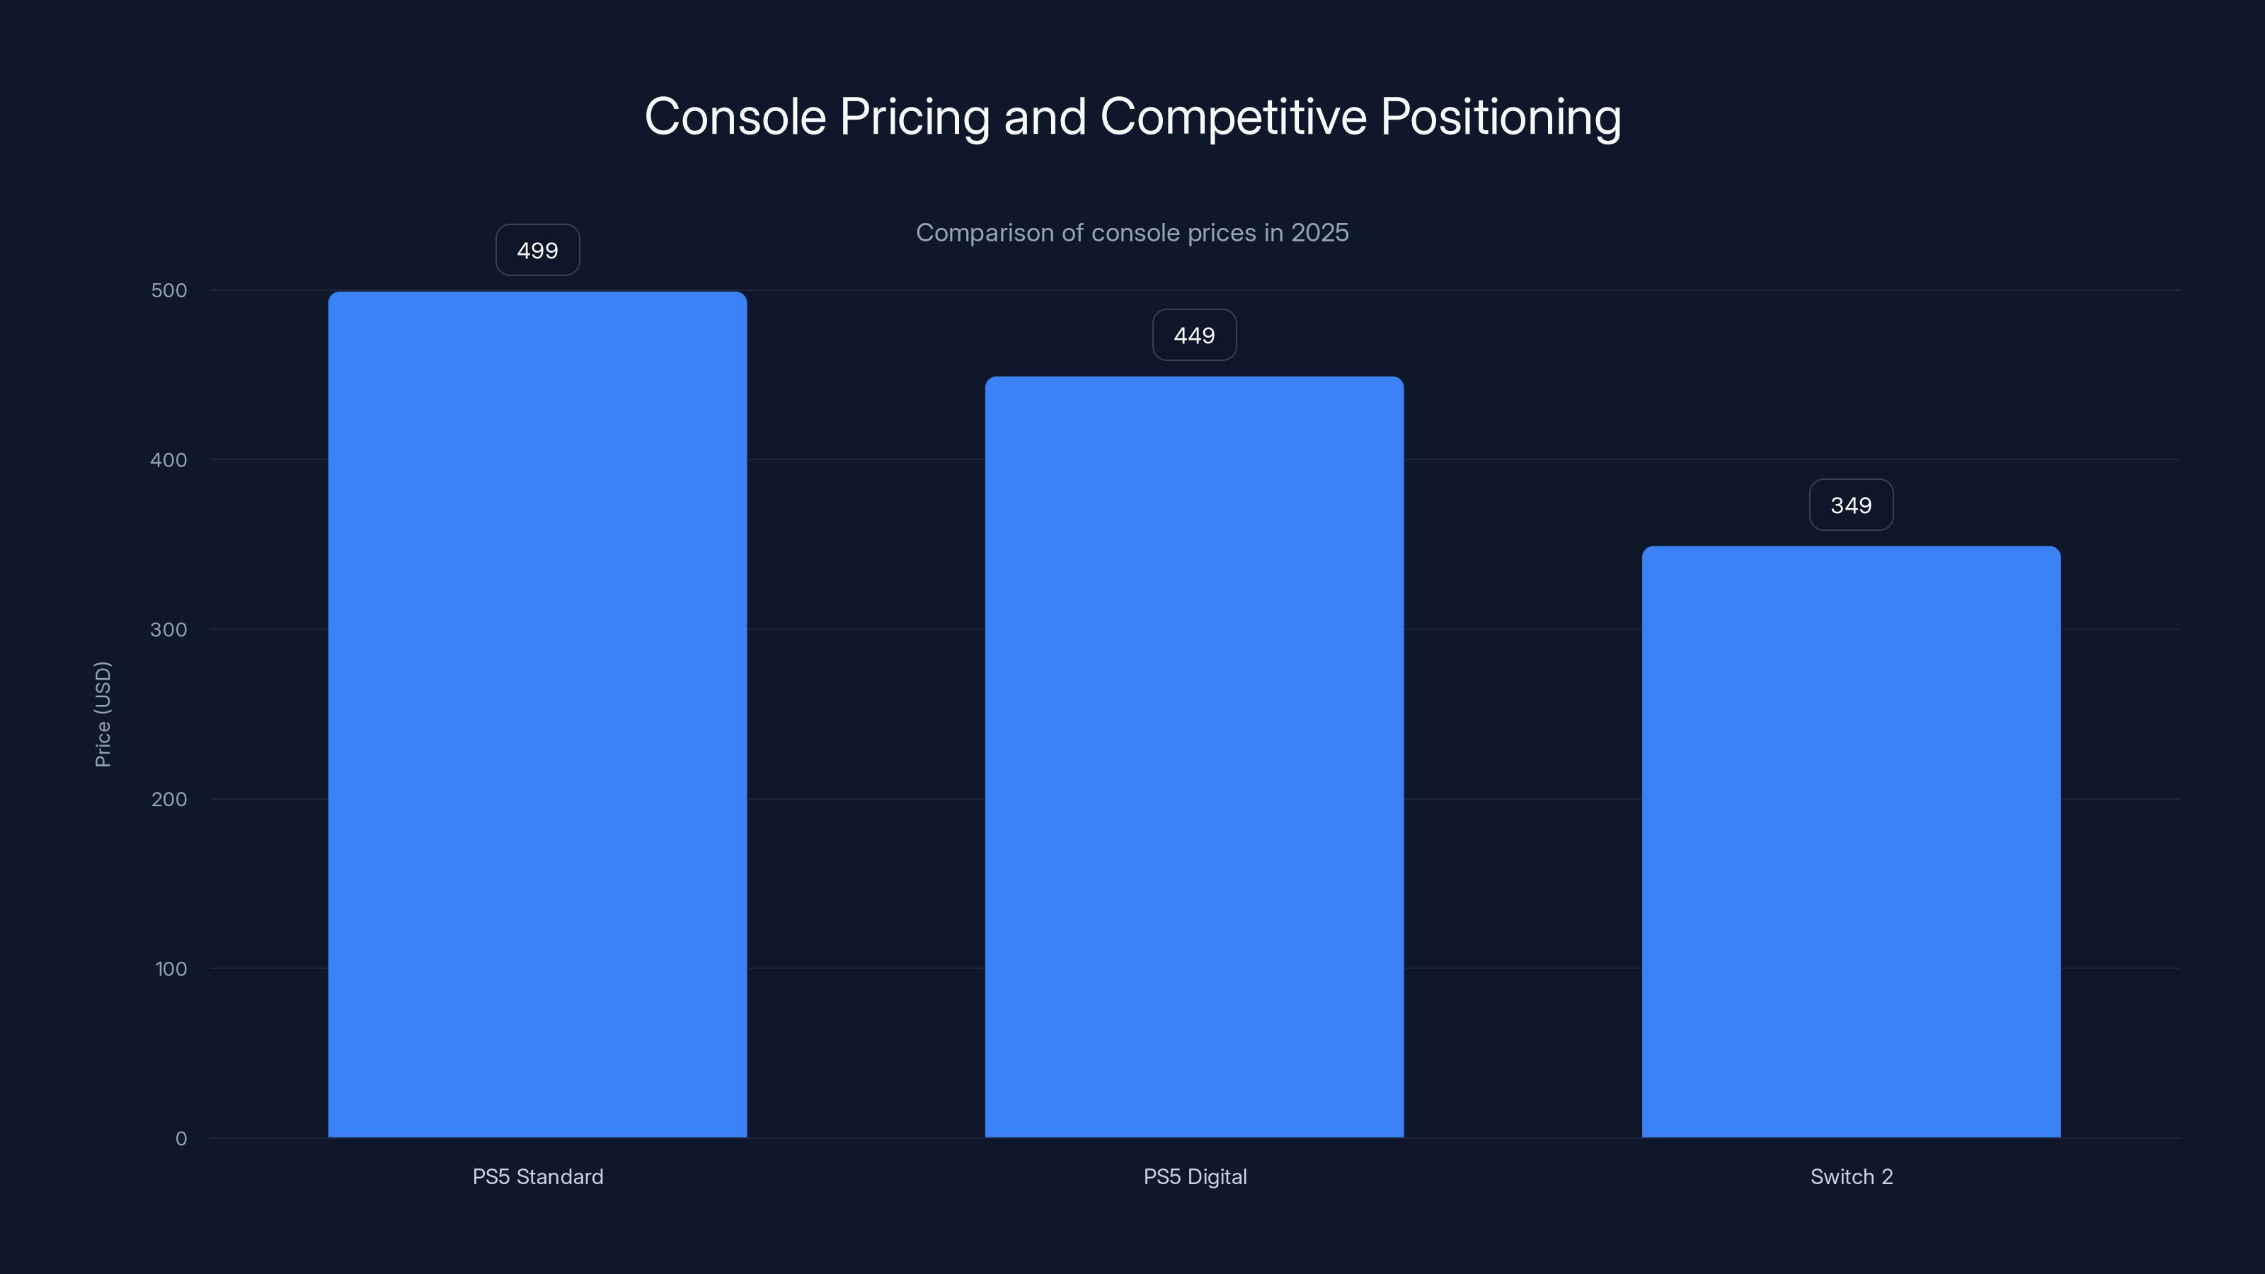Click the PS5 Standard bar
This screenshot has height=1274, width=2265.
tap(537, 714)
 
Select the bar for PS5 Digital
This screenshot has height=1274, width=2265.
tap(1194, 756)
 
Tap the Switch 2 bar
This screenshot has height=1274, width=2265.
tap(1851, 842)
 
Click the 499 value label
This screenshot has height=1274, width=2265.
tap(537, 251)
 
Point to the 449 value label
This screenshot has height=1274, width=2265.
tap(1194, 335)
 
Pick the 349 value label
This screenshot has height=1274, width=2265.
tap(1851, 505)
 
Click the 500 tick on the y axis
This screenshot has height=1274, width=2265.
tap(169, 290)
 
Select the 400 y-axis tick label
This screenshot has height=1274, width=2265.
tap(169, 460)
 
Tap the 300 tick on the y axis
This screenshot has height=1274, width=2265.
tap(169, 629)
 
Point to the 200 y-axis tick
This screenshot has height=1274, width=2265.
tap(169, 799)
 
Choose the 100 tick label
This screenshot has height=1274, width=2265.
tap(171, 969)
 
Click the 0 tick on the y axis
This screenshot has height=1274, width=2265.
tap(181, 1139)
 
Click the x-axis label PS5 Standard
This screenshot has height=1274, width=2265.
tap(537, 1176)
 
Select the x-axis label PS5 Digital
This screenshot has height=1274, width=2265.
tap(1194, 1176)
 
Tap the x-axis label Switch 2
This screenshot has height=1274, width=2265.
tap(1851, 1176)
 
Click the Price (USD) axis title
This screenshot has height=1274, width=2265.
tap(103, 714)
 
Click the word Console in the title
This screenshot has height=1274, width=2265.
tap(735, 117)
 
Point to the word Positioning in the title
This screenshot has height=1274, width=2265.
tap(1500, 117)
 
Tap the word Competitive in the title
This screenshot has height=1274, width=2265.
tap(1233, 117)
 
